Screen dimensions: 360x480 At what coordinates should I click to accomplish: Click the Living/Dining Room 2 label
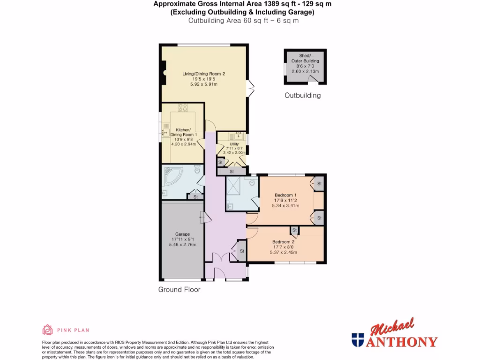[204, 74]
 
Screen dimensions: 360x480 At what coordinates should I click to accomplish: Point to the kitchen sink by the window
[164, 133]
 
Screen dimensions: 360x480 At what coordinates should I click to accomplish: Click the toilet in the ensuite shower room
[252, 181]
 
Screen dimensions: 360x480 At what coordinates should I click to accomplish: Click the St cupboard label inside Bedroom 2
[294, 230]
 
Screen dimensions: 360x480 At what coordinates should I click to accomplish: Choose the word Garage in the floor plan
[182, 234]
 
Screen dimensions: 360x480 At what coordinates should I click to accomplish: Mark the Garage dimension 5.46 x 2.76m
[182, 244]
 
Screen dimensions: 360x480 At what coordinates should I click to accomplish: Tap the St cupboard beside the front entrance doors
[242, 251]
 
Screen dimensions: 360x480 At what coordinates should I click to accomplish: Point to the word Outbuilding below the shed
[303, 96]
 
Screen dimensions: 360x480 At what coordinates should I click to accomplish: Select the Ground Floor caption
[179, 290]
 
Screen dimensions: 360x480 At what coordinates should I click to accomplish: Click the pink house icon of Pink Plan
[47, 330]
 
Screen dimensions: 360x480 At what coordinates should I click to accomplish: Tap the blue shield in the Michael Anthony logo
[358, 339]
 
